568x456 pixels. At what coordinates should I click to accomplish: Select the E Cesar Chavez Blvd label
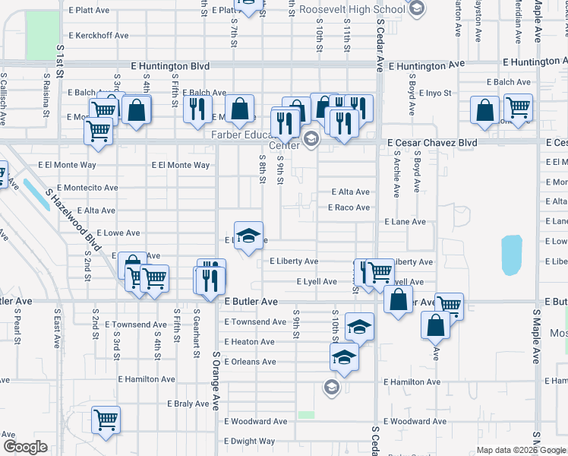(x=431, y=142)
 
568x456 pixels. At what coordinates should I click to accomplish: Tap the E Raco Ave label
(x=349, y=207)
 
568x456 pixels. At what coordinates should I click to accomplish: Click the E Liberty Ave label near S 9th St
(x=294, y=261)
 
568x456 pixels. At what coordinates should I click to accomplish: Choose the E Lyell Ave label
(x=316, y=282)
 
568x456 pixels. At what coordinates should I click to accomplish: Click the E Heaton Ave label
(x=249, y=342)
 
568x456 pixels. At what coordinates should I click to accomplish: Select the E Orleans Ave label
(x=250, y=362)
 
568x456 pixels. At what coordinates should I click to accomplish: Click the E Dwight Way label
(x=249, y=441)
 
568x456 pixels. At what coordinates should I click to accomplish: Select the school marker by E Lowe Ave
(x=248, y=235)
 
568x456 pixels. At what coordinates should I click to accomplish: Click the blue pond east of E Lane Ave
(x=512, y=255)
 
